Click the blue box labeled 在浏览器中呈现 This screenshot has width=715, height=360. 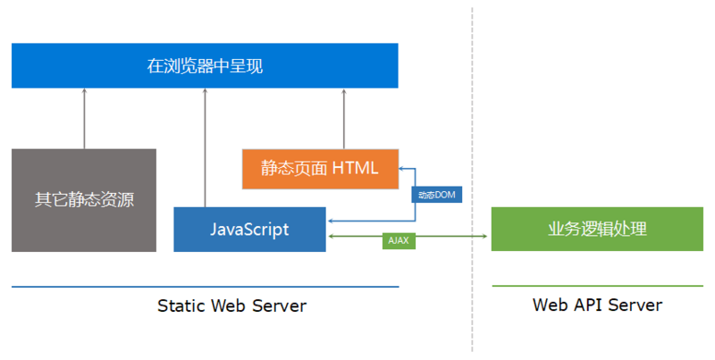pos(205,65)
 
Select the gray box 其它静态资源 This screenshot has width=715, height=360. pos(84,200)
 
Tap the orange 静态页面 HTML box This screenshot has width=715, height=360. pos(320,168)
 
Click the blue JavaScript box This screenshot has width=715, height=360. pos(249,230)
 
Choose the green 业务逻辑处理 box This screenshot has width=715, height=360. pos(597,230)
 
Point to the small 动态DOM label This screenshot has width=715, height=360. pos(437,195)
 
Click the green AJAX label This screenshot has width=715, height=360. pos(399,240)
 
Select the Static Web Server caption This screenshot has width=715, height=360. pos(231,306)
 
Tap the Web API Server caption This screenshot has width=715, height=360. pos(597,306)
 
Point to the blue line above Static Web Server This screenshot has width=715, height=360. pos(205,287)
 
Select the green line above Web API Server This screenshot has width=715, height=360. pos(597,287)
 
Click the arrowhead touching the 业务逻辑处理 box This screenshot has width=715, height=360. pos(486,236)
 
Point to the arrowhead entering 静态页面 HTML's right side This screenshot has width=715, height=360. pos(403,168)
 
